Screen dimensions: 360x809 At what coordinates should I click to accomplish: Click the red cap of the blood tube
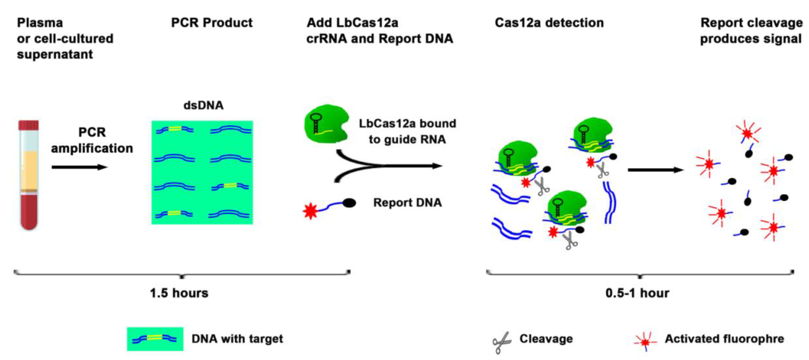(29, 125)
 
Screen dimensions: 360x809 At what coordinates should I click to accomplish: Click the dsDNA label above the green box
(203, 106)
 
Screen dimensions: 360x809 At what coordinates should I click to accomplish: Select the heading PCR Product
(211, 23)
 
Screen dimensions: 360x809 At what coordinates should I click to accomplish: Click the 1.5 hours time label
(179, 293)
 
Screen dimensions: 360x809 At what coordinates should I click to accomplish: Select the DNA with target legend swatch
(155, 339)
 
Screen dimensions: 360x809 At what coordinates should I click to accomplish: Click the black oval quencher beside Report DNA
(349, 203)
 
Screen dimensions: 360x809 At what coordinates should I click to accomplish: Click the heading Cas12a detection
(549, 23)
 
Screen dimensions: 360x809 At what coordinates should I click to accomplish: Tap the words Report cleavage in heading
(751, 23)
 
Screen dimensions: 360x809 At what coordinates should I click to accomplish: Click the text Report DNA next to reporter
(407, 203)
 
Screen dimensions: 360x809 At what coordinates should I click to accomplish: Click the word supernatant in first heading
(55, 54)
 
